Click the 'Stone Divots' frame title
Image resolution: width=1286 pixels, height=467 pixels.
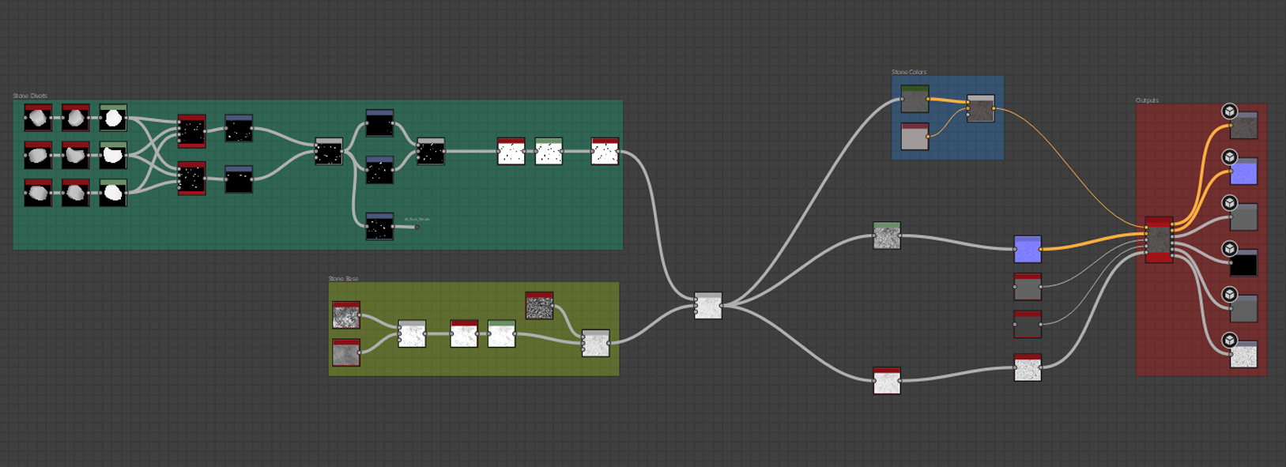point(30,96)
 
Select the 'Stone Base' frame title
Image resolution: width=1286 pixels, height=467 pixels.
point(343,279)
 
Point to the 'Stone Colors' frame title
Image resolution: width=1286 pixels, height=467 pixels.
point(909,72)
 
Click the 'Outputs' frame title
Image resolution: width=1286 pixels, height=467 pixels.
point(1147,100)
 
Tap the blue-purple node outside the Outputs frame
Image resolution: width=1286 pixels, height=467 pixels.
point(1028,249)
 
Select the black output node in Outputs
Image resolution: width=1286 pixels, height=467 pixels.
point(1243,263)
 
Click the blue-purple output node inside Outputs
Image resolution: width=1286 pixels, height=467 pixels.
point(1243,171)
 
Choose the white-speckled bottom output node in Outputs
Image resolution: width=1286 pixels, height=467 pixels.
point(1243,355)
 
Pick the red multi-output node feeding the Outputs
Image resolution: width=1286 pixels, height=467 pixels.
point(1159,239)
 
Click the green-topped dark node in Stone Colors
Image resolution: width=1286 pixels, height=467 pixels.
point(915,100)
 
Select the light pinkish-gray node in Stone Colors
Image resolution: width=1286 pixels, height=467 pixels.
point(915,136)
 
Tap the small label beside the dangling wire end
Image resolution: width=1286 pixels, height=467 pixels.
point(417,219)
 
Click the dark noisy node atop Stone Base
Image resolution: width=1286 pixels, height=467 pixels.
point(539,305)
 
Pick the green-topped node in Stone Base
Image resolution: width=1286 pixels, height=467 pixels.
point(501,333)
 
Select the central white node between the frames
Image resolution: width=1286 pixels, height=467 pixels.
point(708,306)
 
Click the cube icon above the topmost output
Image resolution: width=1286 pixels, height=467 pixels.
point(1229,111)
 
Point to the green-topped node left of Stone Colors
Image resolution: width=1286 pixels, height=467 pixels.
point(887,235)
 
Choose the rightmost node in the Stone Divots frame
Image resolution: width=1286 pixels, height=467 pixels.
point(605,151)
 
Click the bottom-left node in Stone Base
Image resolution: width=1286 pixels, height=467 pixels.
point(346,352)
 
